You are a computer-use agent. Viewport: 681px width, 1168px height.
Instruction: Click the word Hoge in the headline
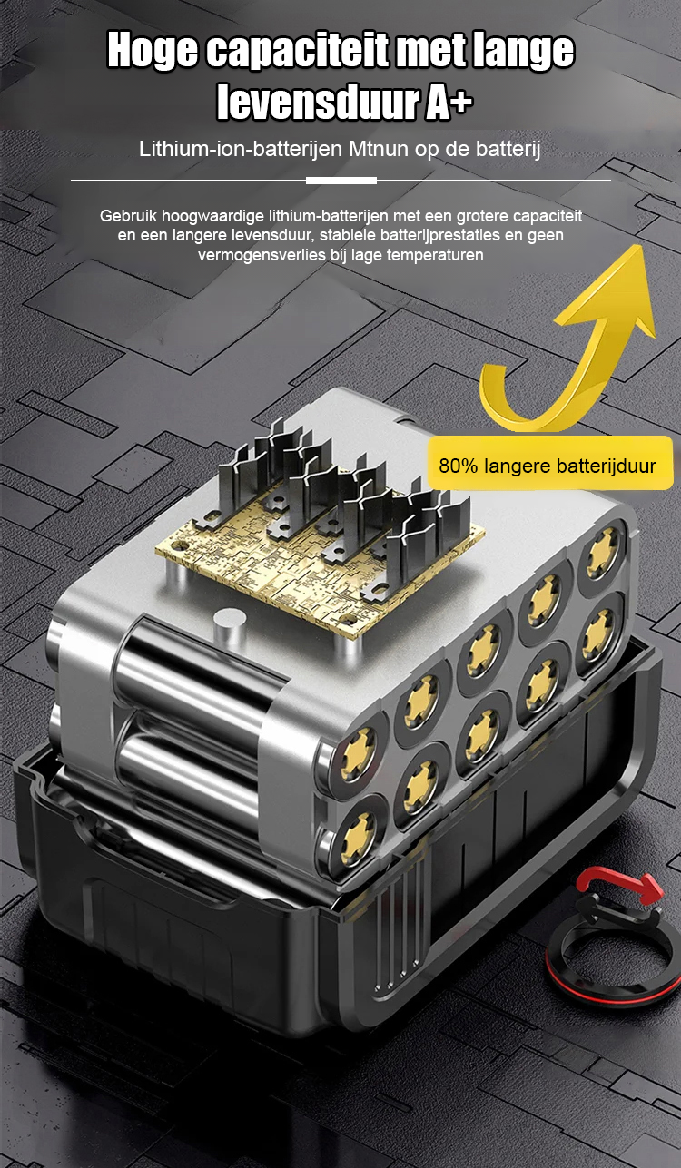click(153, 51)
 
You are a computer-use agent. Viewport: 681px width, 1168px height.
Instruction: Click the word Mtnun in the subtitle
click(379, 149)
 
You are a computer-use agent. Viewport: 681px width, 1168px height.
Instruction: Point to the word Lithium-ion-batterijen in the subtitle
click(241, 149)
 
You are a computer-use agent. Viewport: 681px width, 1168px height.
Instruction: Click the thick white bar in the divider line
click(341, 181)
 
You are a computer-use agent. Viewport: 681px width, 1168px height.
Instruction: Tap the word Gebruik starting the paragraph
click(128, 216)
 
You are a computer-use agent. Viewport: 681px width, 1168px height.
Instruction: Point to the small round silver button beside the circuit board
click(230, 620)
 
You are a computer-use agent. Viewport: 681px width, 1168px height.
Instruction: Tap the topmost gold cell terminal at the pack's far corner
click(602, 553)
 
